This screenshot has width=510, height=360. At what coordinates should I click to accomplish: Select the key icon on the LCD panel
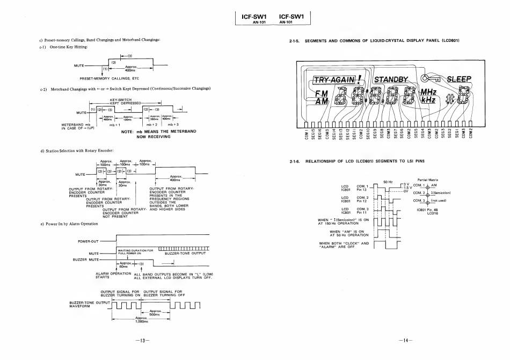429,80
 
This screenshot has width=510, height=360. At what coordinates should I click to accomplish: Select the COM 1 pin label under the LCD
307,133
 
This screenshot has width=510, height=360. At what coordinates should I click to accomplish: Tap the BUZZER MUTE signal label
87,260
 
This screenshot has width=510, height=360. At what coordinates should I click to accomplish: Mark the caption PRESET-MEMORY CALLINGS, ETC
109,78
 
